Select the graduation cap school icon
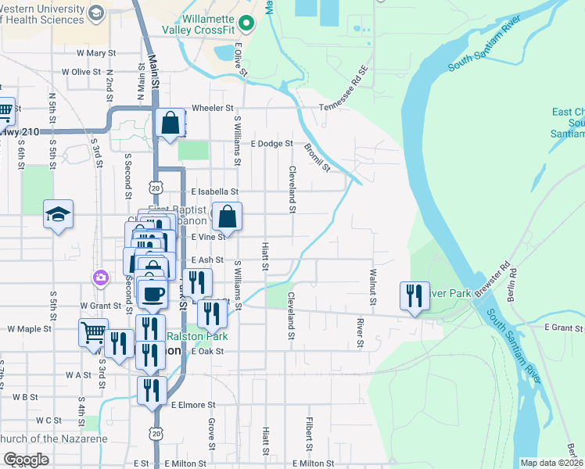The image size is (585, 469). pyautogui.click(x=58, y=215)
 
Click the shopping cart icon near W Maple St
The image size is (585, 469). pyautogui.click(x=93, y=332)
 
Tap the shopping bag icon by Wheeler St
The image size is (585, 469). pyautogui.click(x=170, y=123)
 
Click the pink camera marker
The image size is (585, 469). pyautogui.click(x=100, y=277)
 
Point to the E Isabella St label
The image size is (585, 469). pyautogui.click(x=214, y=191)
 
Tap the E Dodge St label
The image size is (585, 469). pyautogui.click(x=271, y=144)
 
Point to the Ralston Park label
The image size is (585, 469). pyautogui.click(x=187, y=336)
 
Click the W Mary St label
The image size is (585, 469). pyautogui.click(x=96, y=53)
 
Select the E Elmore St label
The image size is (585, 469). pyautogui.click(x=193, y=405)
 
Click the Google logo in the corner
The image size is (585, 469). pyautogui.click(x=26, y=460)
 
